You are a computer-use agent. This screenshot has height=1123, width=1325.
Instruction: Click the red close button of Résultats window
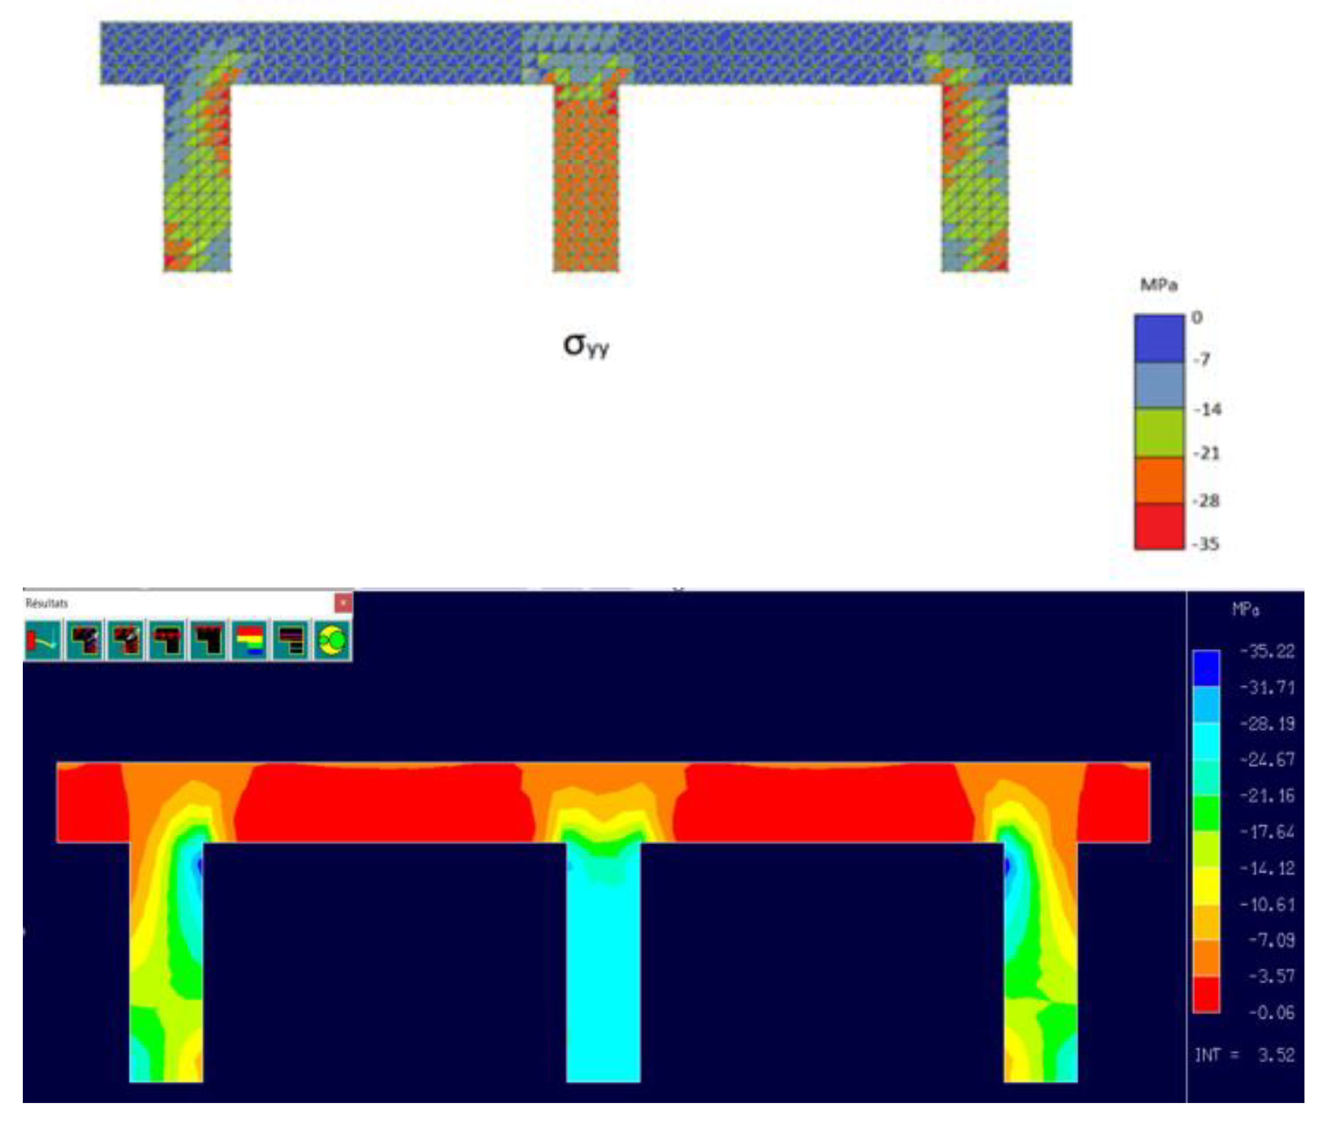343,602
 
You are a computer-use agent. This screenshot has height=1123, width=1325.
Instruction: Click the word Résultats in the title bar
46,603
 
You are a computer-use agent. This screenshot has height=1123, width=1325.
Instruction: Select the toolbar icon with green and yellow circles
332,639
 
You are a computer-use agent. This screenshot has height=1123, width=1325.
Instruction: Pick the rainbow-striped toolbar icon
249,639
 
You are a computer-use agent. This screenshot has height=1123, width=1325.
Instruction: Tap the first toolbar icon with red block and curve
42,639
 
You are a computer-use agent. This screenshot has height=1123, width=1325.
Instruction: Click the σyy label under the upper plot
586,345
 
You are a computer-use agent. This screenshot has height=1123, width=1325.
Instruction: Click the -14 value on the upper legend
1207,409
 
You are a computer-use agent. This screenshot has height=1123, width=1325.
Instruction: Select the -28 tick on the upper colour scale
1207,501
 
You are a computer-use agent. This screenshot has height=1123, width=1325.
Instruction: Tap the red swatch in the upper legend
1159,526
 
